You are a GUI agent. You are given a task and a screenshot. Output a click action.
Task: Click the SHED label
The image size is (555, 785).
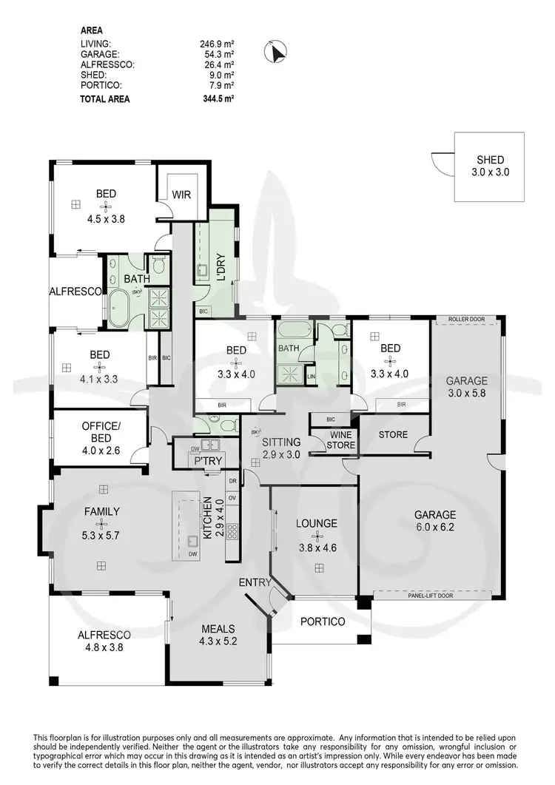pyautogui.click(x=491, y=160)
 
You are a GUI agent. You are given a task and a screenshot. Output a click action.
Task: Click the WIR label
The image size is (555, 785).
pyautogui.click(x=181, y=195)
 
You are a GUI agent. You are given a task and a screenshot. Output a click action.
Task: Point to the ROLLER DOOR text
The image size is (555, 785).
pyautogui.click(x=466, y=320)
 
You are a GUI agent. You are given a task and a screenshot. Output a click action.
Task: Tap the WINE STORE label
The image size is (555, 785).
pyautogui.click(x=342, y=440)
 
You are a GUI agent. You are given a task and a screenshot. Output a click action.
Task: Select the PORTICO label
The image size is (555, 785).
pyautogui.click(x=322, y=621)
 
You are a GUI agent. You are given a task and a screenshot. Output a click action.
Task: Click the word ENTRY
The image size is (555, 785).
pyautogui.click(x=255, y=583)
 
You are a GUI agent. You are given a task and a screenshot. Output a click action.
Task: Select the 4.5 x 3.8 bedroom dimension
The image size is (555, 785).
pyautogui.click(x=106, y=208)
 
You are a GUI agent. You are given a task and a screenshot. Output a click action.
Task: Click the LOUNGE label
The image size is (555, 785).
pyautogui.click(x=316, y=523)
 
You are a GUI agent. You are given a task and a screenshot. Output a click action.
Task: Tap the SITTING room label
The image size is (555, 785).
pyautogui.click(x=281, y=442)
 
